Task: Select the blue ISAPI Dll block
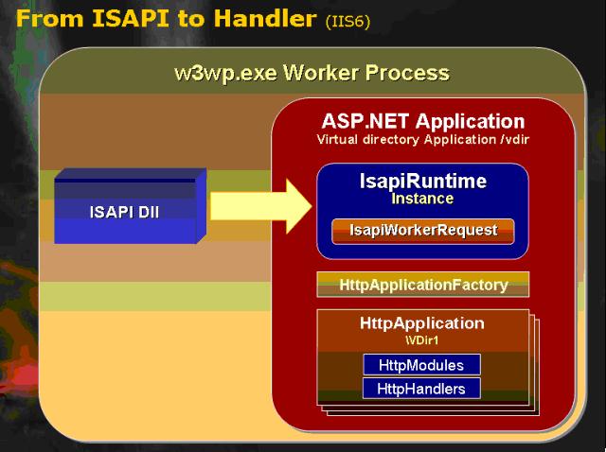(131, 206)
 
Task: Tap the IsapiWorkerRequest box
(423, 232)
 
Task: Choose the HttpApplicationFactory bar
(423, 285)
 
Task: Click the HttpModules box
(421, 365)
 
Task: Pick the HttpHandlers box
(421, 389)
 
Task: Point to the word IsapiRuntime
(423, 182)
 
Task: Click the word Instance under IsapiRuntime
(422, 199)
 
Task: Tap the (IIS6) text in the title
(348, 21)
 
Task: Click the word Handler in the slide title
(265, 18)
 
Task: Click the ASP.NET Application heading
(423, 122)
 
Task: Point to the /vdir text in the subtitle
(515, 139)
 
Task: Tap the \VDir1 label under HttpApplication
(422, 340)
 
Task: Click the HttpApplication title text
(422, 323)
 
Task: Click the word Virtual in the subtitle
(337, 139)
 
